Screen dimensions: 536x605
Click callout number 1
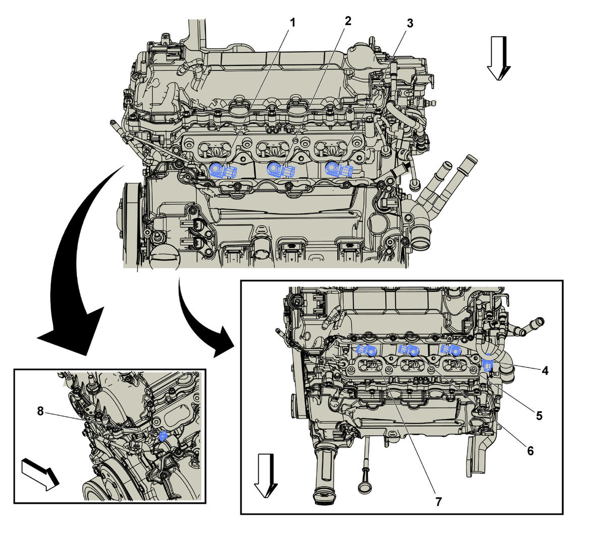pos(292,23)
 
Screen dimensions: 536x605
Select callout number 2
pos(347,21)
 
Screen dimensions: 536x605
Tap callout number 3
pos(409,23)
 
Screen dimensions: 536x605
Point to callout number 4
pos(544,371)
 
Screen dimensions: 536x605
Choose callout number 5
pos(538,416)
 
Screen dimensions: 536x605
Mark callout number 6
pos(530,451)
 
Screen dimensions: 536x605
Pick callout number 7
pos(438,502)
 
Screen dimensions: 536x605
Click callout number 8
pos(40,411)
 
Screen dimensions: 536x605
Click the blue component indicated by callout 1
pos(222,171)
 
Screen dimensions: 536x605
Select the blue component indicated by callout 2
pos(280,170)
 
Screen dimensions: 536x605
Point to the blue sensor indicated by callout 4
pos(488,365)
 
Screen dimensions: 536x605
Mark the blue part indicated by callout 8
pos(163,436)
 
